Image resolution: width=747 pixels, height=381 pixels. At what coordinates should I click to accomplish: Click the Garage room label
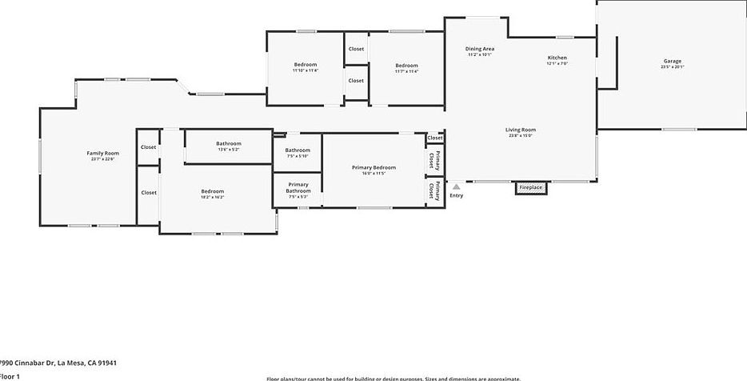[672, 61]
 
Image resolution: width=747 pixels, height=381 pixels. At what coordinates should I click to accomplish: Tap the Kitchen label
[557, 58]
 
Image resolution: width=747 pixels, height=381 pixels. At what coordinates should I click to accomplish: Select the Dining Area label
[480, 49]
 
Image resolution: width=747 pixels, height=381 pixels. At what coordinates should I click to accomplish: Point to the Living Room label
[520, 130]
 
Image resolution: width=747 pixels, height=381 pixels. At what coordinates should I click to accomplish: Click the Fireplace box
[530, 188]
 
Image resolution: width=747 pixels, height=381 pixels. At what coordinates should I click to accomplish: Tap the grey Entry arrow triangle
[457, 187]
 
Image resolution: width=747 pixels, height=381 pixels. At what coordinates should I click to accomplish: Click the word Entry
[456, 195]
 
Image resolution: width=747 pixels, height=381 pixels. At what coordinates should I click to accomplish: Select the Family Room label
[102, 153]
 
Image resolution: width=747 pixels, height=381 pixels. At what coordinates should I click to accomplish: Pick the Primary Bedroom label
[373, 167]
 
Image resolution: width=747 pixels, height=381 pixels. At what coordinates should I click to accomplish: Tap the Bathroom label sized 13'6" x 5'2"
[228, 143]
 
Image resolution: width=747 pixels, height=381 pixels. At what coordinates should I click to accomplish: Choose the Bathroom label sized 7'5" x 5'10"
[298, 150]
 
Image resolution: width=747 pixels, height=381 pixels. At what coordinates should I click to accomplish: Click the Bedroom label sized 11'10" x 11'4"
[306, 64]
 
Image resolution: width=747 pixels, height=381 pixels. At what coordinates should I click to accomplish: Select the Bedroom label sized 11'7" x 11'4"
[406, 66]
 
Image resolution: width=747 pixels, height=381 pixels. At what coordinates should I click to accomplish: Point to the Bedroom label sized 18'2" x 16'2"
[212, 191]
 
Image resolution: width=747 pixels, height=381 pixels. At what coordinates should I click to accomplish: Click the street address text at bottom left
[58, 363]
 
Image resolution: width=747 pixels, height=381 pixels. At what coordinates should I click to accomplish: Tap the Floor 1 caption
[10, 375]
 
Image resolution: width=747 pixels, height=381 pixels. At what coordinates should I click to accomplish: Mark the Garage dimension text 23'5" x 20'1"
[672, 67]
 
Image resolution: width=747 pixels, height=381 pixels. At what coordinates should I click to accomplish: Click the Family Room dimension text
[102, 159]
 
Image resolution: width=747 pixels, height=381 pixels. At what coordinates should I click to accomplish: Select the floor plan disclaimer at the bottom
[393, 379]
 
